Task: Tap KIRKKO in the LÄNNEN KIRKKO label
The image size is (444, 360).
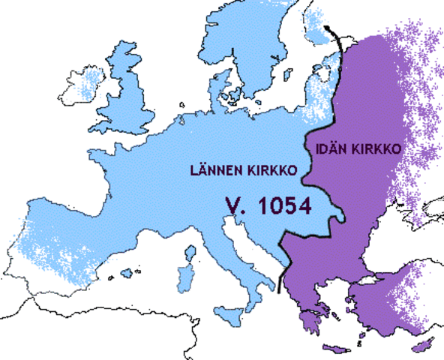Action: tap(271, 171)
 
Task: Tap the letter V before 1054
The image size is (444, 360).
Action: tap(233, 206)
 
